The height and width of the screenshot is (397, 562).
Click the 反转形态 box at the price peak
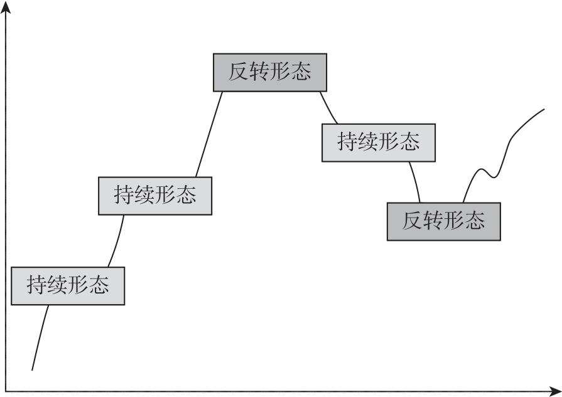coord(270,72)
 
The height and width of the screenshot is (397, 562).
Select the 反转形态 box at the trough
coord(443,221)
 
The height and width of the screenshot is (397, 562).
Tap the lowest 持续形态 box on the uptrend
coord(68,286)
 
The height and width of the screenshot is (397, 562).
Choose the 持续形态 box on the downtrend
coord(378,142)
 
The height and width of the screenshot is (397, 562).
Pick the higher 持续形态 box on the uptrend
coord(155,196)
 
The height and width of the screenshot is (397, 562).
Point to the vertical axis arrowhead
coord(6,6)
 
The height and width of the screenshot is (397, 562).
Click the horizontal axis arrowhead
coord(556,391)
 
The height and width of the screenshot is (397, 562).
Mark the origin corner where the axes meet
coord(6,391)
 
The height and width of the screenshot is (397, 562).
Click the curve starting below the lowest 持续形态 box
coord(38,339)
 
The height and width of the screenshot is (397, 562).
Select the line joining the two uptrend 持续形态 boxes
coord(116,242)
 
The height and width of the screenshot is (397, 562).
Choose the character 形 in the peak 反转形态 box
coord(281,72)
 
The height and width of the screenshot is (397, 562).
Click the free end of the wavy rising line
coord(544,110)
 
